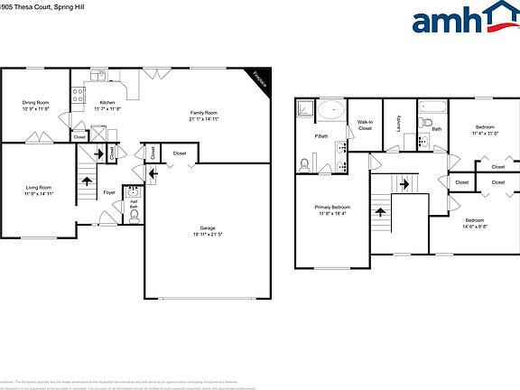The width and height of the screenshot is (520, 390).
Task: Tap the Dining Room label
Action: pos(35,103)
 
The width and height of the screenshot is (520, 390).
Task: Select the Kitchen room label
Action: pos(107,103)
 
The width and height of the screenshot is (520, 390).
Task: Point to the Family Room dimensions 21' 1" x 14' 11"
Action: pos(205,119)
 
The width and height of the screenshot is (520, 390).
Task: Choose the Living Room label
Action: pos(39,187)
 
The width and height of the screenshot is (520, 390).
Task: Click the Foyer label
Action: pos(108,192)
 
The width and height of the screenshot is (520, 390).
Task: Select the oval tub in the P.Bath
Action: pos(330,110)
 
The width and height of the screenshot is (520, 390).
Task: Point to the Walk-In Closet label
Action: pos(365,125)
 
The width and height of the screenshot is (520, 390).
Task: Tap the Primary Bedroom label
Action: pos(332,208)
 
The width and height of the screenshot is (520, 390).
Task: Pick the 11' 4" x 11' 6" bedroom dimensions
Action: pos(485,134)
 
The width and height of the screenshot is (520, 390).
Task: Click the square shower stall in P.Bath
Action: pos(305,109)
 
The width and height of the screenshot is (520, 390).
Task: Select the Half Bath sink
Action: pos(134,191)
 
